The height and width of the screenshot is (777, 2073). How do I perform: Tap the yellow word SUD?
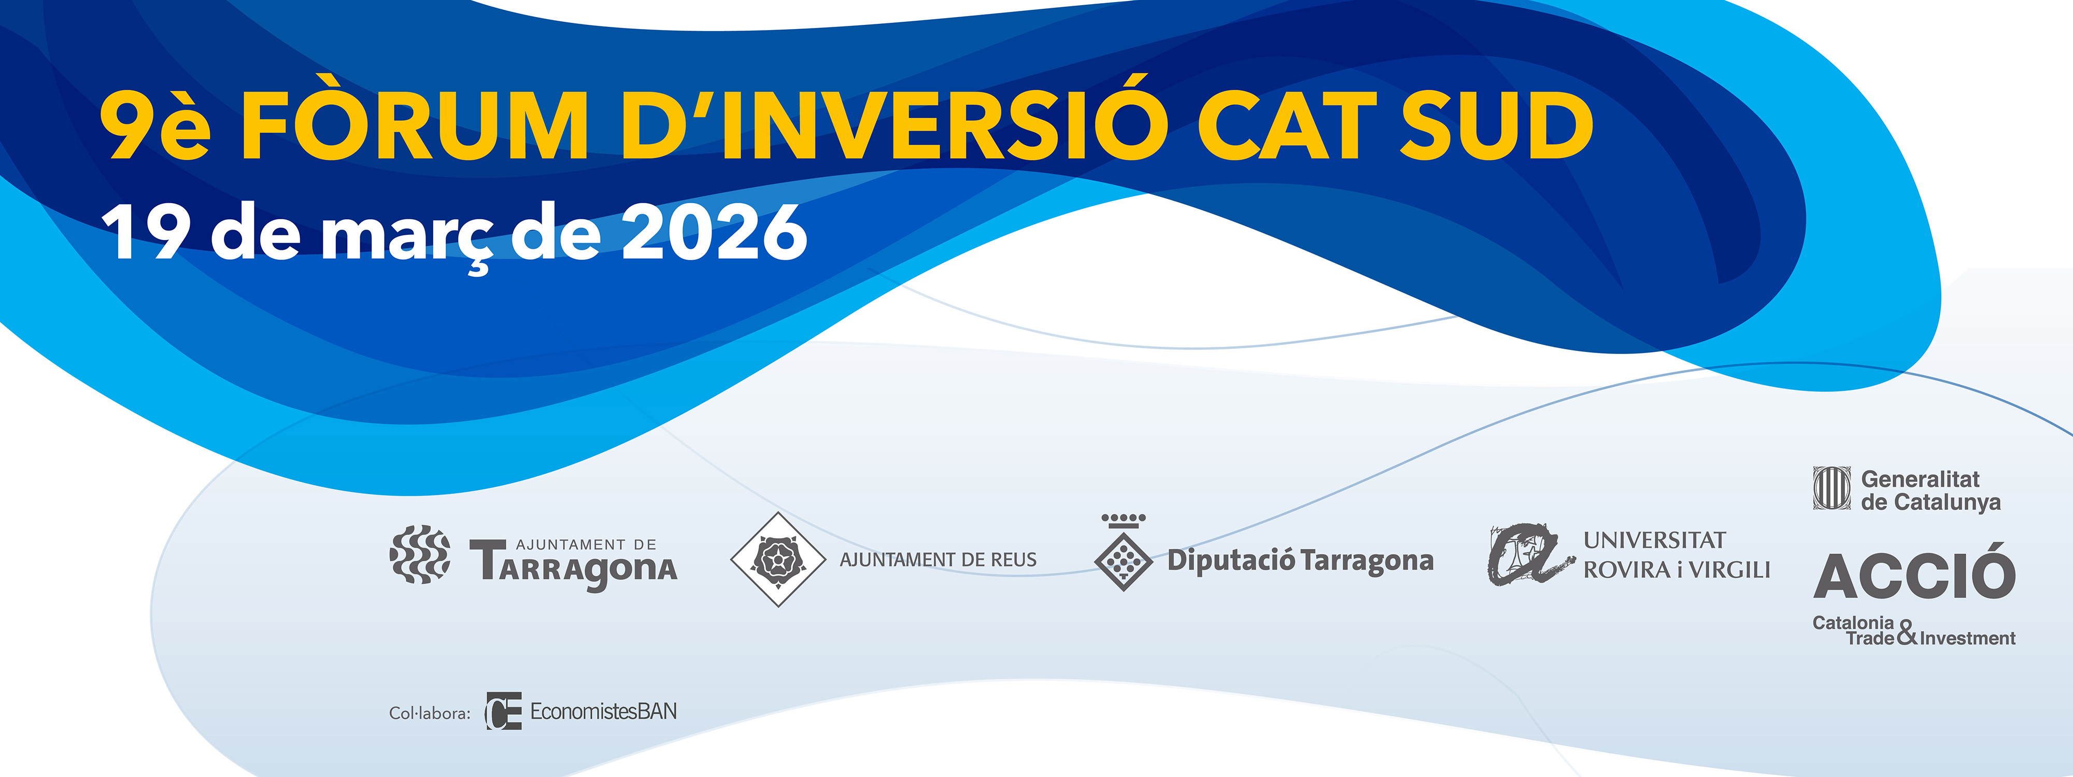[1497, 125]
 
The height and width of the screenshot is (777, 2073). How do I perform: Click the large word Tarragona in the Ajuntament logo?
[574, 567]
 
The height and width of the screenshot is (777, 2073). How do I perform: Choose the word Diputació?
[1231, 560]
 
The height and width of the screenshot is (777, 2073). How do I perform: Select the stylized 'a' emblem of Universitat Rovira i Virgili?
[1529, 555]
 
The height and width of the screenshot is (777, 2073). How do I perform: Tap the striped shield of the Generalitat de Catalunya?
[1831, 488]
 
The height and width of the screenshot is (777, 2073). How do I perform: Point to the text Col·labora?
[430, 713]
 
